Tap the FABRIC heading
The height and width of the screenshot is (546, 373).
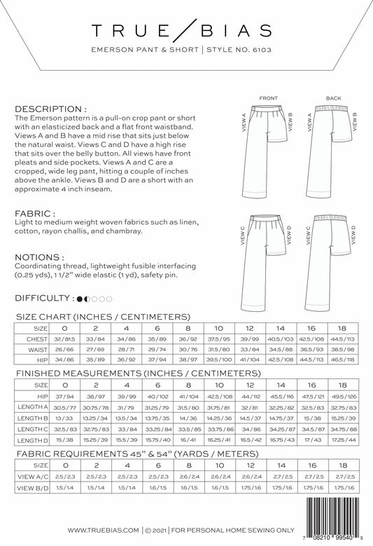[32, 213]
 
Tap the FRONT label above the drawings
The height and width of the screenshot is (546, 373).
[269, 97]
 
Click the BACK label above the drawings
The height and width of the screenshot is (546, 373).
[332, 97]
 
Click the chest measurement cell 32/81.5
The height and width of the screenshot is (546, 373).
[65, 339]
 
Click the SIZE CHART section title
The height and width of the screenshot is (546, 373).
[103, 316]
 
